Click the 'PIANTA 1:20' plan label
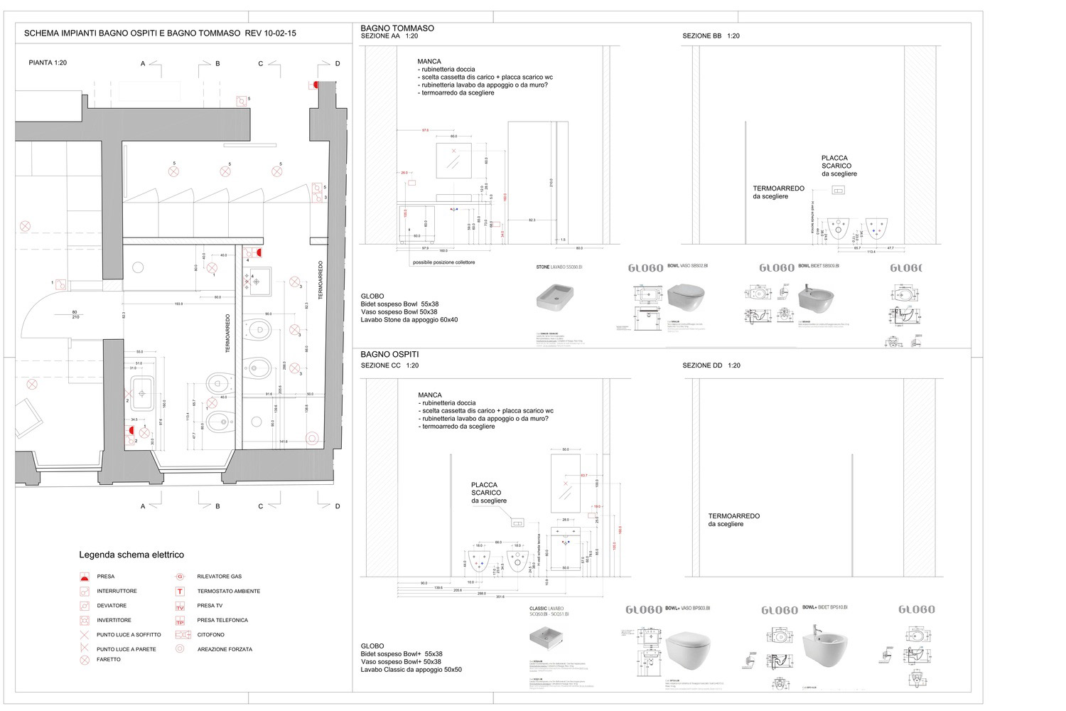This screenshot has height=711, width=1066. click(48, 63)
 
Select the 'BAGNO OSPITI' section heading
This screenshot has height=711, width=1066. click(389, 354)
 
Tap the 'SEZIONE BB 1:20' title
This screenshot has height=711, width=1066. click(711, 36)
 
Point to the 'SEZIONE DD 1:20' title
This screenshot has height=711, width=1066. click(711, 365)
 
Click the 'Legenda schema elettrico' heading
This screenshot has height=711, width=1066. click(131, 555)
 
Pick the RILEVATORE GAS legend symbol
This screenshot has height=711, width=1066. click(181, 577)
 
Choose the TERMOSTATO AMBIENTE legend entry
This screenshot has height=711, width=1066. click(228, 591)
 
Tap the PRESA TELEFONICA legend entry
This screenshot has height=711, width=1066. click(222, 620)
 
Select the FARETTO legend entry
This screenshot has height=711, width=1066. click(109, 659)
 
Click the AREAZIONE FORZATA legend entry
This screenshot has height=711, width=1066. click(225, 649)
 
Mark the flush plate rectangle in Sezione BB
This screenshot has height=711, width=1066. click(839, 191)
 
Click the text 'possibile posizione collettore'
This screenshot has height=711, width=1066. click(443, 262)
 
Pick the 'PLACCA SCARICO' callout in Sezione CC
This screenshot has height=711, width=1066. click(488, 493)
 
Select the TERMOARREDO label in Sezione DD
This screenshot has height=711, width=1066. click(733, 520)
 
